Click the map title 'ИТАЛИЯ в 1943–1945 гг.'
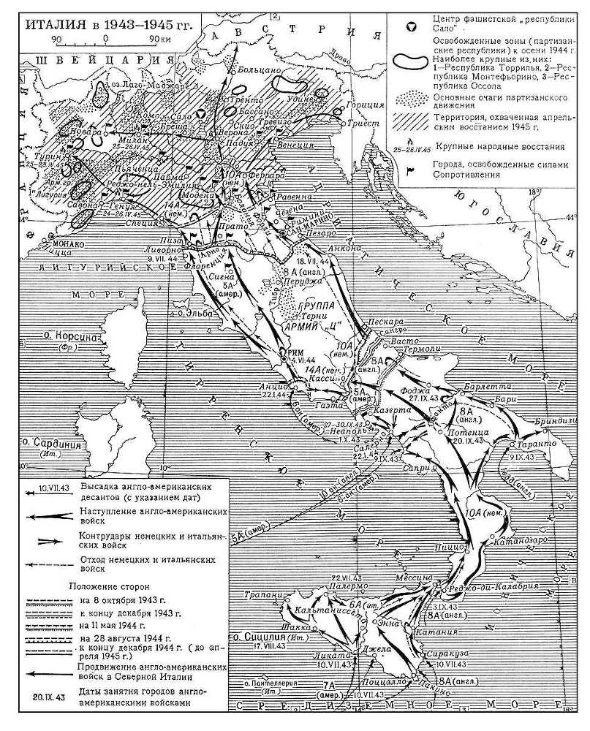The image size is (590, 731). pyautogui.click(x=110, y=24)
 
